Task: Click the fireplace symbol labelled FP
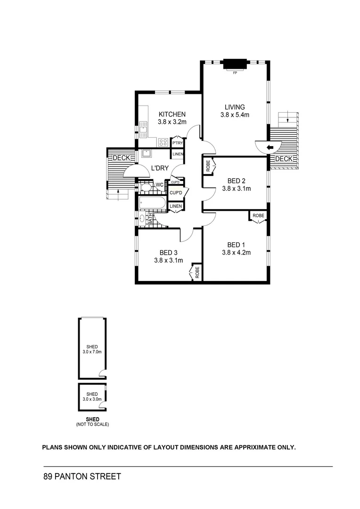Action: (235, 64)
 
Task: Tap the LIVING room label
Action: (234, 107)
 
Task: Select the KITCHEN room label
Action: (172, 114)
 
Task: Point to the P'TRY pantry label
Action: (177, 143)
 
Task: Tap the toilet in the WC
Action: (146, 187)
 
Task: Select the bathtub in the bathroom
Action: (152, 204)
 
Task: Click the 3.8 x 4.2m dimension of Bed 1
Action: (236, 253)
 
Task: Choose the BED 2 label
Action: (236, 181)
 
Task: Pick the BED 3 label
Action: (168, 252)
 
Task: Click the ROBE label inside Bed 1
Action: (258, 215)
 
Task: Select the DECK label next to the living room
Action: (284, 159)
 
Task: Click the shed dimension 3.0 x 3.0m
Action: (92, 399)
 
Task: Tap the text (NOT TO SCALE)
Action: (92, 424)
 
